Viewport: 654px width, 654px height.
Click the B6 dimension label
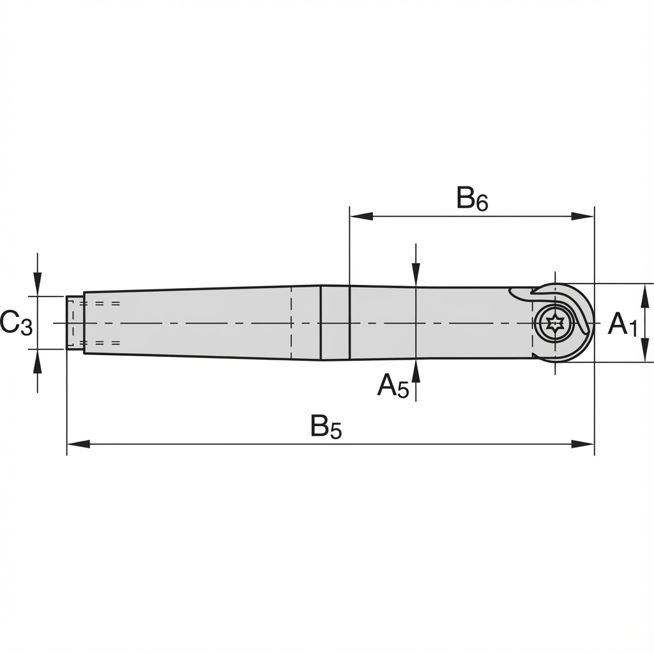click(472, 199)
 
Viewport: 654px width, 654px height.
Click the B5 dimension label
click(326, 427)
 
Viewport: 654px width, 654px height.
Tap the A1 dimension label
click(622, 324)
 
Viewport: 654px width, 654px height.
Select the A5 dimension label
click(392, 386)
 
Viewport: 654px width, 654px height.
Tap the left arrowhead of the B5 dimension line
click(78, 444)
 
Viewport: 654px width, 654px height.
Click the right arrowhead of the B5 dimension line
click(584, 444)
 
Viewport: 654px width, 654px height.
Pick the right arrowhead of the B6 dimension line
click(583, 216)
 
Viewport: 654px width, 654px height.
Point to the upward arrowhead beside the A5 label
click(416, 370)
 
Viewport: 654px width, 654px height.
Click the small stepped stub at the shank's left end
click(75, 323)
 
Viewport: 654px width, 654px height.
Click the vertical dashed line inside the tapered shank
click(291, 323)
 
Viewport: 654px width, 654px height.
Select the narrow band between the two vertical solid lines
click(335, 323)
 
